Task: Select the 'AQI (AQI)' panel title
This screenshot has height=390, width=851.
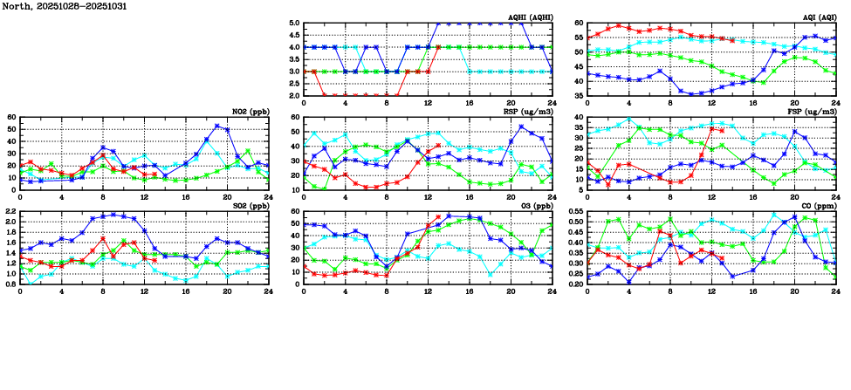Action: [820, 17]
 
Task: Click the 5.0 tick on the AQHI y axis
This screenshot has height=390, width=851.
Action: [295, 24]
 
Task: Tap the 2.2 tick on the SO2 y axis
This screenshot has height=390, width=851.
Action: [11, 212]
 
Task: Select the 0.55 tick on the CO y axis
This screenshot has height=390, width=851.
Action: [576, 212]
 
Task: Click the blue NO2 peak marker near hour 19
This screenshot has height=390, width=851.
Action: [216, 126]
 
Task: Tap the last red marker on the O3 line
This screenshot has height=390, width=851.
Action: [438, 216]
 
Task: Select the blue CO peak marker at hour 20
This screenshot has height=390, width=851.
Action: [794, 216]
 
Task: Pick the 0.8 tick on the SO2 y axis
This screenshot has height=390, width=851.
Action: [11, 284]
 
